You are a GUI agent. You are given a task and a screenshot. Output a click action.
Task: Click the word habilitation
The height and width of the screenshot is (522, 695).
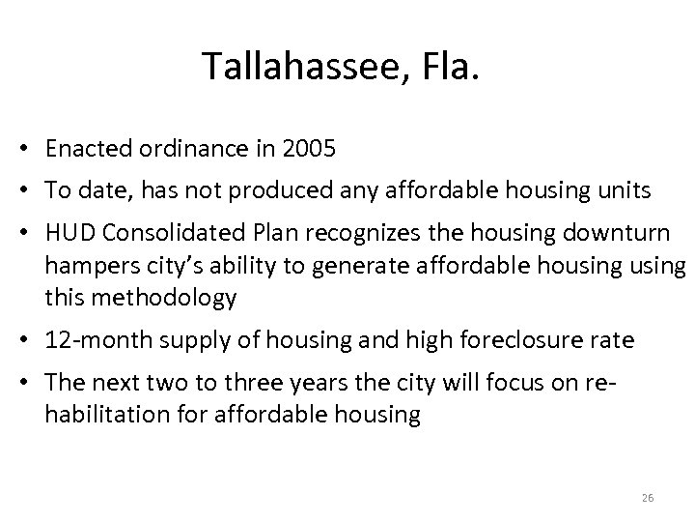[104, 415]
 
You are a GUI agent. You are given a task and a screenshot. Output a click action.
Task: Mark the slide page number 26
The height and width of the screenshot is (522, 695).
[648, 497]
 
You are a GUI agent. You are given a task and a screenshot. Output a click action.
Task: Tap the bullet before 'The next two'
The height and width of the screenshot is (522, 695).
[31, 384]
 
